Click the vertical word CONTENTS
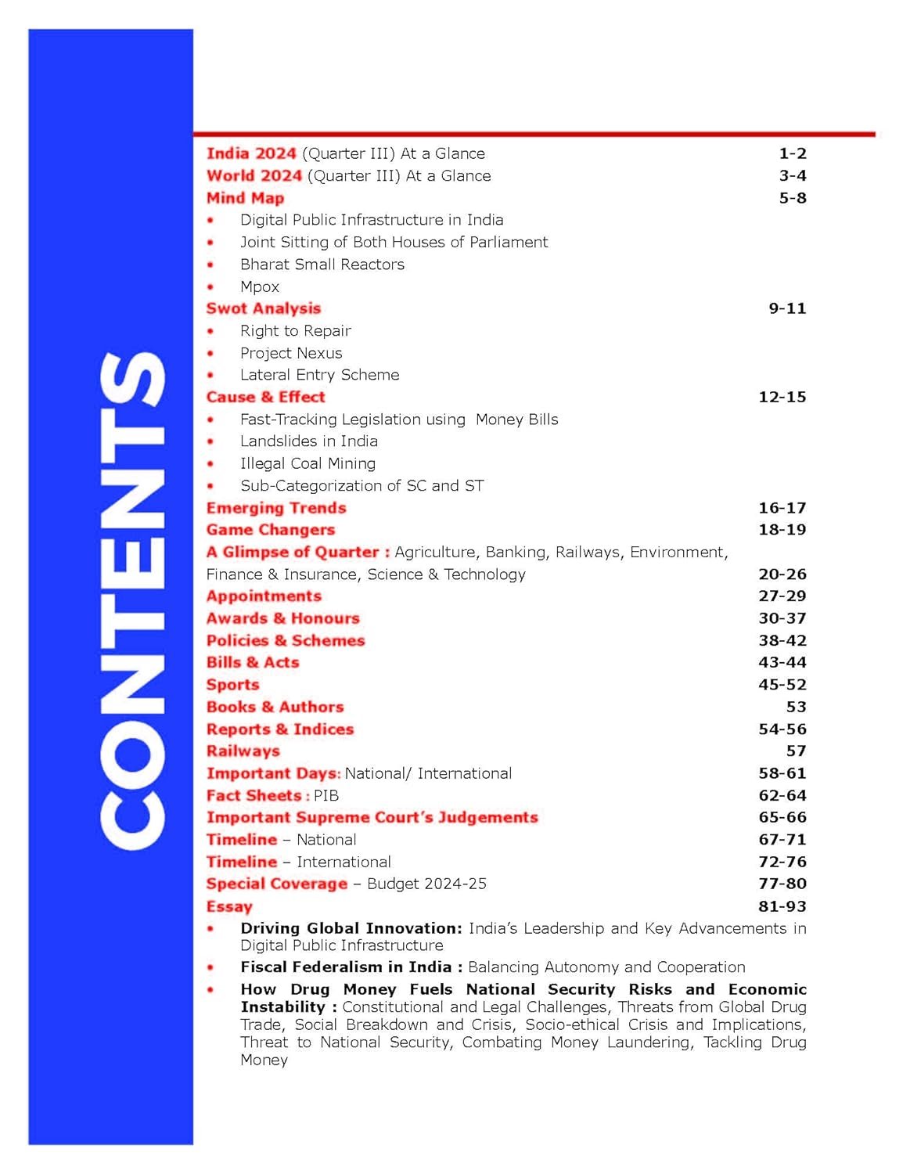pyautogui.click(x=133, y=600)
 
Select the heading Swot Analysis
pyautogui.click(x=264, y=308)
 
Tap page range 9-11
pyautogui.click(x=786, y=308)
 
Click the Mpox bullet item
pyautogui.click(x=260, y=286)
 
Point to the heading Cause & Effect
pyautogui.click(x=265, y=397)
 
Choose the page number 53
pyautogui.click(x=796, y=707)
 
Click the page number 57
pyautogui.click(x=796, y=751)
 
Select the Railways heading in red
pyautogui.click(x=243, y=751)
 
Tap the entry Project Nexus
pyautogui.click(x=291, y=353)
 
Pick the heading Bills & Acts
pyautogui.click(x=253, y=662)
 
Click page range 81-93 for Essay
pyautogui.click(x=782, y=906)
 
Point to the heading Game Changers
pyautogui.click(x=270, y=530)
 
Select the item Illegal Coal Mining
pyautogui.click(x=308, y=463)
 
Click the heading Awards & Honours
pyautogui.click(x=282, y=618)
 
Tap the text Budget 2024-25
pyautogui.click(x=426, y=884)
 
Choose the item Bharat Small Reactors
pyautogui.click(x=322, y=265)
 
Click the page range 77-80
pyautogui.click(x=782, y=884)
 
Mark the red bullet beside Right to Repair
pyautogui.click(x=210, y=331)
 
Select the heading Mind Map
pyautogui.click(x=245, y=198)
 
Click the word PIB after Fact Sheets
pyautogui.click(x=326, y=795)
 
